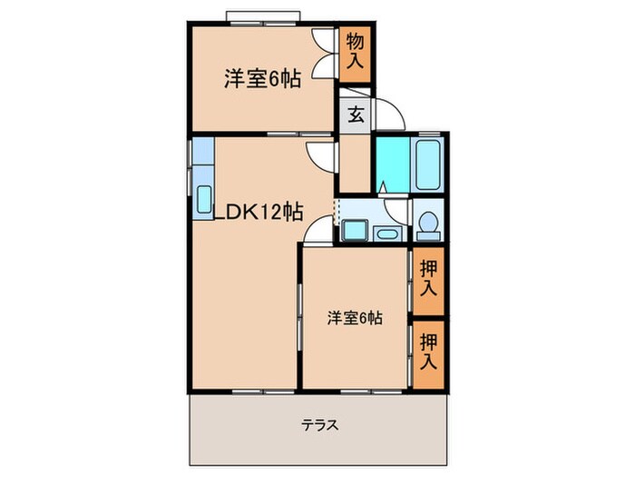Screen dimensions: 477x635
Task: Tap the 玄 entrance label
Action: pos(357,115)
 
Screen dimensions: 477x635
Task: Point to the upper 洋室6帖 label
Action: pos(263,78)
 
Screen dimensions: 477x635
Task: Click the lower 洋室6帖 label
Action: pos(355,318)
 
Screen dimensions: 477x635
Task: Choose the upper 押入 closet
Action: pos(430,279)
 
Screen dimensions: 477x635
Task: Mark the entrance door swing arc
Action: pos(388,114)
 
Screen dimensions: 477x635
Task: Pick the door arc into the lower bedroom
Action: pos(314,234)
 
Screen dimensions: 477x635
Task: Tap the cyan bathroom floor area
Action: pos(391,164)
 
